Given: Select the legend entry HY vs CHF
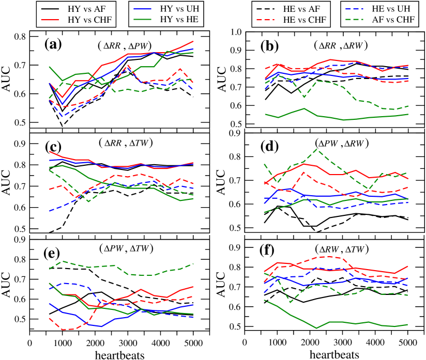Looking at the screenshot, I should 79,20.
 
